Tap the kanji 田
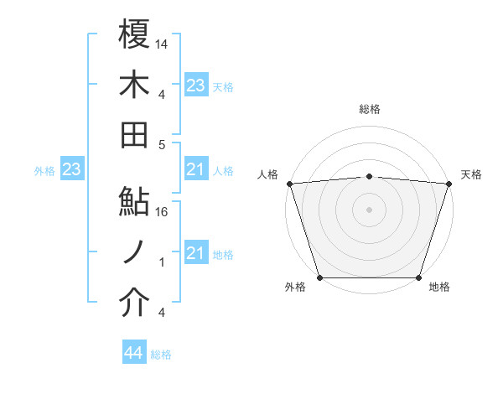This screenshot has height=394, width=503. point(134,132)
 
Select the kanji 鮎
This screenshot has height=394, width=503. point(134,201)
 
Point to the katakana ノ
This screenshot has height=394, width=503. point(134,251)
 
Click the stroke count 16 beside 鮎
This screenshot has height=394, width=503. point(163,212)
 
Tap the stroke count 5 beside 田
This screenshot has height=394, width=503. point(163,144)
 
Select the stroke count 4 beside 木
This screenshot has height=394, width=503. point(163,94)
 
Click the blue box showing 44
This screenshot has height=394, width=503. point(133,354)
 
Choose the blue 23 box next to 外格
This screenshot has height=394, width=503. point(71,170)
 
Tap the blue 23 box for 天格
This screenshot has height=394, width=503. point(195,86)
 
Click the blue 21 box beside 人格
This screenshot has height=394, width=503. point(195,170)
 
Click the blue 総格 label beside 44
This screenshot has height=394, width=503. point(161,355)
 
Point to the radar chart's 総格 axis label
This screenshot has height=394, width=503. point(369,109)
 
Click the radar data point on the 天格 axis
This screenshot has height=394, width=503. point(449,184)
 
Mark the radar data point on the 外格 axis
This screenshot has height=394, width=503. point(319,277)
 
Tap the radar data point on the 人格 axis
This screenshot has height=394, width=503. point(289,184)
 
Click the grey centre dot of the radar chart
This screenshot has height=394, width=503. point(369,209)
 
